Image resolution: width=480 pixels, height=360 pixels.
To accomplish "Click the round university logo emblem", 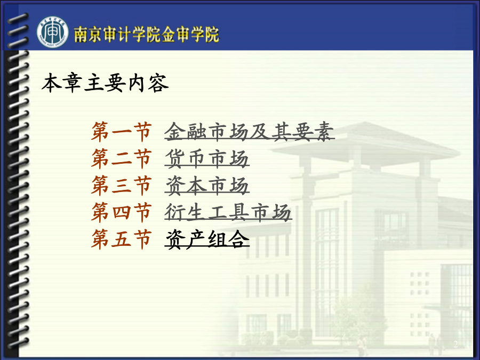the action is coord(52,33).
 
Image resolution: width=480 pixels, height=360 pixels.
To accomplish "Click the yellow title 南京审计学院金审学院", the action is coord(147,34).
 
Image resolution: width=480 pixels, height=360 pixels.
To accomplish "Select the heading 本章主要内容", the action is coord(105,83).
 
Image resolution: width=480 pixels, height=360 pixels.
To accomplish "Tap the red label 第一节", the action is coord(122,132).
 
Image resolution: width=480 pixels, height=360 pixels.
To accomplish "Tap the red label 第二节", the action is coord(122,158).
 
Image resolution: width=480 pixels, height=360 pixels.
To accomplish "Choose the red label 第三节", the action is coord(122,185).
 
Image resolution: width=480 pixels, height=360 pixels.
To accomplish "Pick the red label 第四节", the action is coord(122,212).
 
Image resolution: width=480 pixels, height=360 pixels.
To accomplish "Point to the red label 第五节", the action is coord(122,238).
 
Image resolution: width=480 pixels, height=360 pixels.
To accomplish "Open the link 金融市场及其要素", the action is coord(250,132).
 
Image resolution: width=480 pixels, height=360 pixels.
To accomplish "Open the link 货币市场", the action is coord(207,158).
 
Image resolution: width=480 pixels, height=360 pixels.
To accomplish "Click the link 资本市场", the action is coord(207,185).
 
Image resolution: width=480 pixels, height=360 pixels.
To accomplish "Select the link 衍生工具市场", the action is coord(228,212).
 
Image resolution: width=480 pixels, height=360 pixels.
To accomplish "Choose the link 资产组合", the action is coord(207,238).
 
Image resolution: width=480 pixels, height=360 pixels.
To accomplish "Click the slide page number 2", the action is coord(455,344).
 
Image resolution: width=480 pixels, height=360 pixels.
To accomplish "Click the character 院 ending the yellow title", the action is coord(212,34).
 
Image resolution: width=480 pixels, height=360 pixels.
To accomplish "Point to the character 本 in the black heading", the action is coord(51,83).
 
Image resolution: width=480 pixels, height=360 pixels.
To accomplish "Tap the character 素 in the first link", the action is coord(324,132).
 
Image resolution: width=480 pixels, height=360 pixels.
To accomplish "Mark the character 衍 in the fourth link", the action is coord(175,212).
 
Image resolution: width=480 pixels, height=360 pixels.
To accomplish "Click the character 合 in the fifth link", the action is coord(239,238).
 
